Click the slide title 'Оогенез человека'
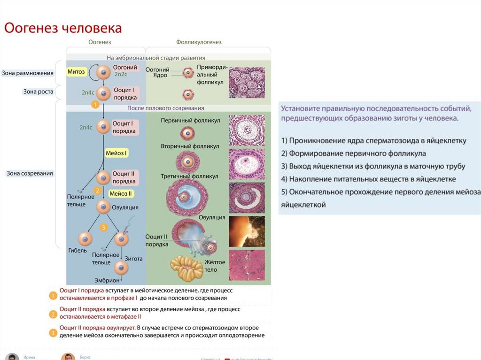pos(63,28)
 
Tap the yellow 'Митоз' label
pos(76,72)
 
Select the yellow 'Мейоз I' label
pos(116,153)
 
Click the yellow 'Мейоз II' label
pos(121,193)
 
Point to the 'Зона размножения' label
pos(27,73)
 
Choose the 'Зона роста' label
pos(38,92)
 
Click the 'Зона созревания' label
pos(30,173)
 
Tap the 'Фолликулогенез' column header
pos(199,42)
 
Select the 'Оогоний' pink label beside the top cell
pos(125,68)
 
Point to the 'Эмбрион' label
pos(107,280)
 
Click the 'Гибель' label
pos(78,251)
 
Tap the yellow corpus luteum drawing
pos(186,268)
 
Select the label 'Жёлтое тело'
pos(215,266)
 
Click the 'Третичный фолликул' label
pos(189,176)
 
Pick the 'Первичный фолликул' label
pos(190,121)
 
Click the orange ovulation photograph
pos(247,231)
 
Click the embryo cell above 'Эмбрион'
pos(121,268)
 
